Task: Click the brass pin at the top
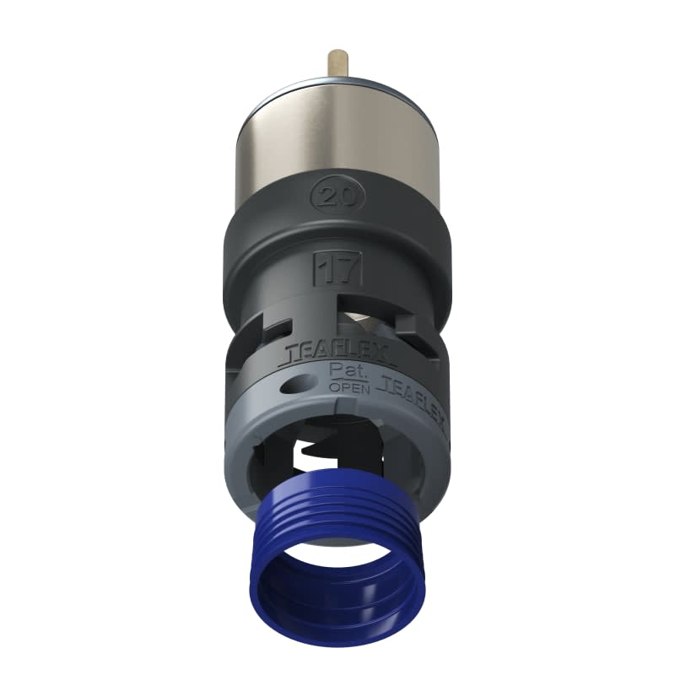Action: point(337,62)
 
